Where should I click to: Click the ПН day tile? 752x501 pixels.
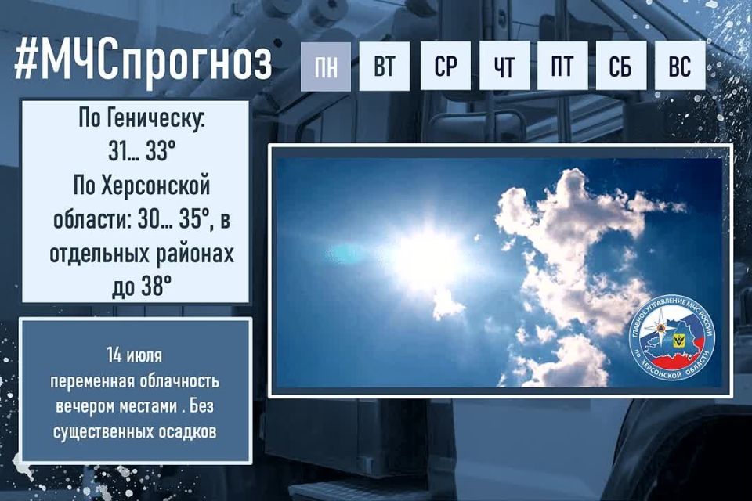[326, 67]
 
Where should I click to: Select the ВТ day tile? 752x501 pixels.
[385, 67]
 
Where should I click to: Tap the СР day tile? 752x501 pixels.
[446, 67]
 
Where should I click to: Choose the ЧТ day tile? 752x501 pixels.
[504, 67]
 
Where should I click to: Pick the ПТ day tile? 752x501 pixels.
[562, 67]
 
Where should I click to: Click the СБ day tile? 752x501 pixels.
[620, 67]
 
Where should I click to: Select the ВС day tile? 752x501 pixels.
[680, 67]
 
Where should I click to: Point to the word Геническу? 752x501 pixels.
[154, 121]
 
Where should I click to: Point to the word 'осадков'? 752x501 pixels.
[189, 431]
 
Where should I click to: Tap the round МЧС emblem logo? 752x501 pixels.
[671, 337]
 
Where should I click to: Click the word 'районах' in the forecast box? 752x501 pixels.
[193, 254]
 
